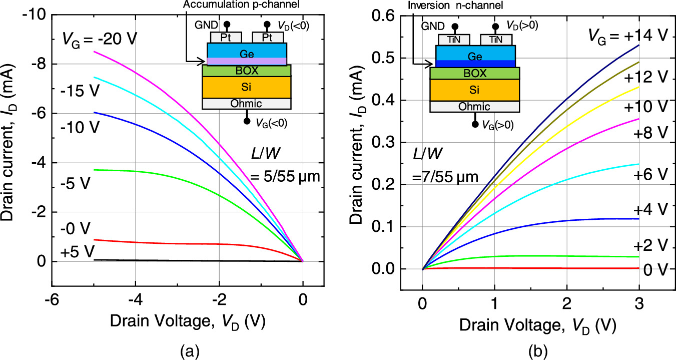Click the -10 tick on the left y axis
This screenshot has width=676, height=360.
pos(31,16)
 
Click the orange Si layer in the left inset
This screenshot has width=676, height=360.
pos(247,87)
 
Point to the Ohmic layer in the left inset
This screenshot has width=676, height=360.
pos(247,104)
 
